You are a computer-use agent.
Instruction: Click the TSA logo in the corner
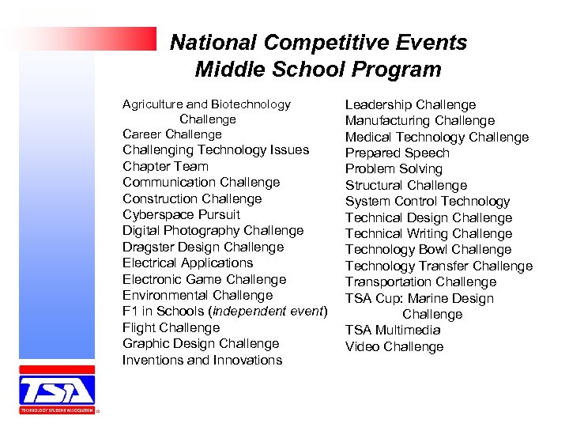coord(57,390)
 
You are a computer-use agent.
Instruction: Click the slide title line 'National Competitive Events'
coord(318,43)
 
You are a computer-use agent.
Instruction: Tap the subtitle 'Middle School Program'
coord(318,70)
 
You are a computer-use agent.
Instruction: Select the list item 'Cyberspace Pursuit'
coord(181,214)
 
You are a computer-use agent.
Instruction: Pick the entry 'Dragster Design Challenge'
coord(202,247)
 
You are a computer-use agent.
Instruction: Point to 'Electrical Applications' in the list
coord(187,263)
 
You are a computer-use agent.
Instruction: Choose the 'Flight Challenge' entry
coord(171,327)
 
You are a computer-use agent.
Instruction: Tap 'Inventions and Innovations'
coord(202,360)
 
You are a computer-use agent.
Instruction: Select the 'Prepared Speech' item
coord(397,153)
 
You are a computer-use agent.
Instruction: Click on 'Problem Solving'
coord(394,168)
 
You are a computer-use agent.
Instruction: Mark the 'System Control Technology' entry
coord(428,201)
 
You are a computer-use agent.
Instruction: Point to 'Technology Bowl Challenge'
coord(428,249)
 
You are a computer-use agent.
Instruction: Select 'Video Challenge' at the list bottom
coord(394,346)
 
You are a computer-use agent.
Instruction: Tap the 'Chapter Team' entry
coord(165,166)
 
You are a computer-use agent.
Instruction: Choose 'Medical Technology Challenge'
coord(436,137)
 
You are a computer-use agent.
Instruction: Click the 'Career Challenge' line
coord(171,134)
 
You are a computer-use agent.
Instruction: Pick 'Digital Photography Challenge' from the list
coord(213,230)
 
